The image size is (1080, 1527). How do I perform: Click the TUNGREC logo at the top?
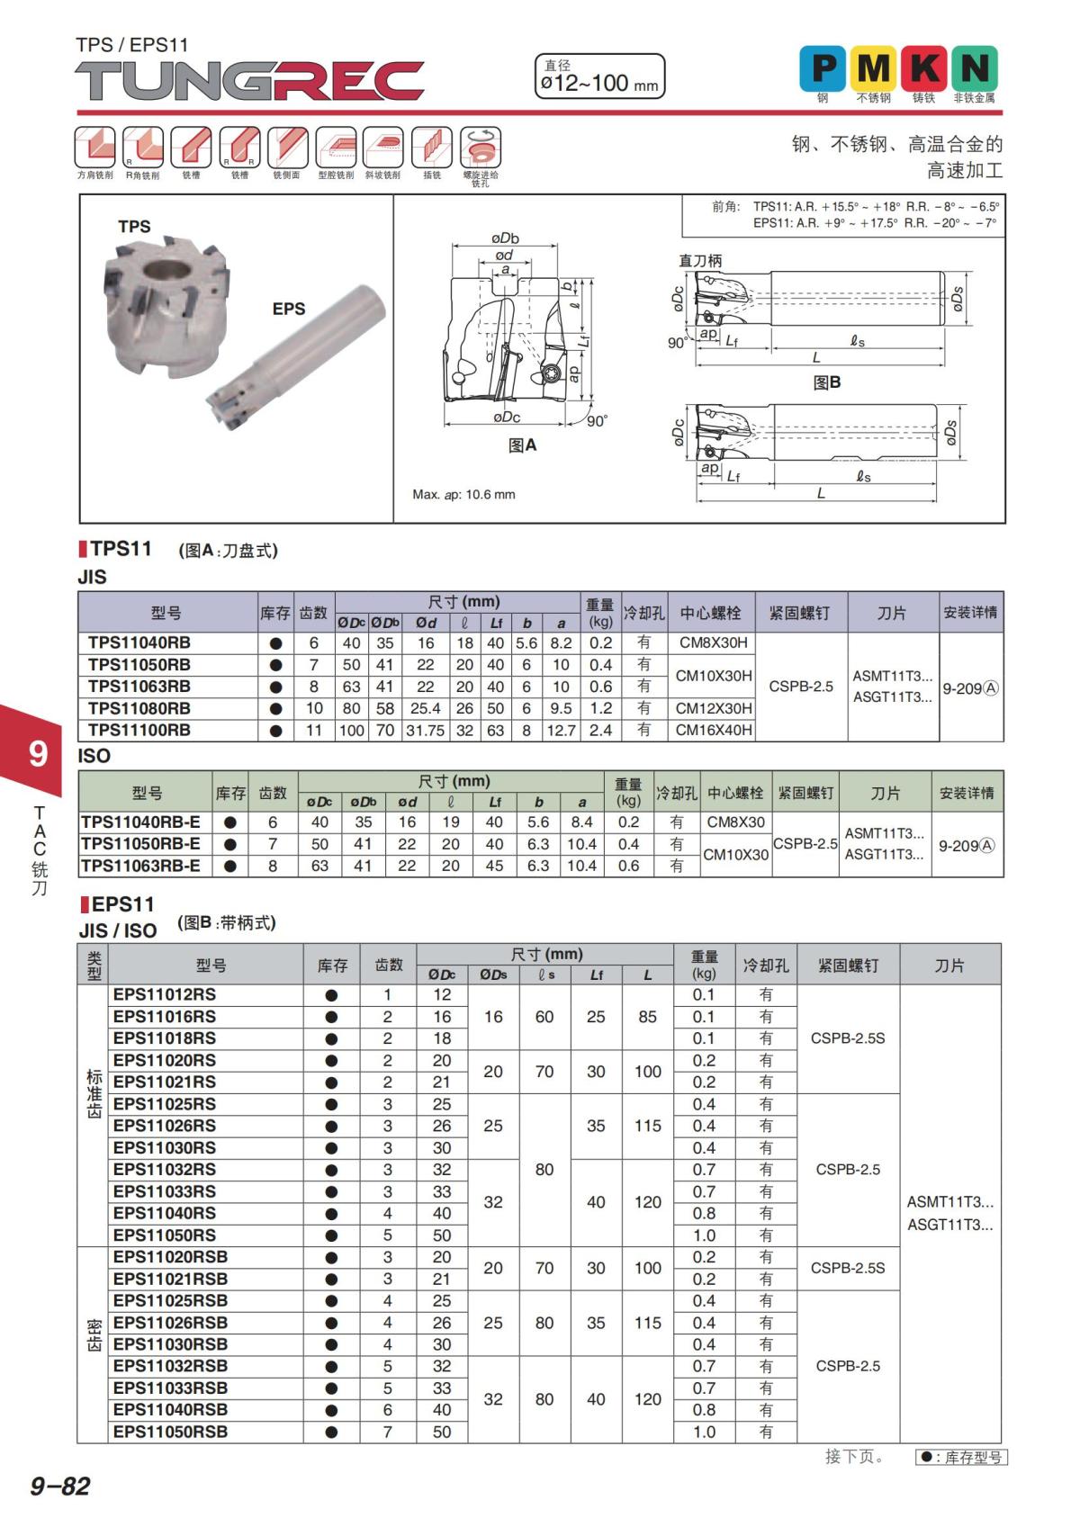(x=249, y=82)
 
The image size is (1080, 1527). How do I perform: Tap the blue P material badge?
(x=823, y=68)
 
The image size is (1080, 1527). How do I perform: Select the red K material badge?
(x=924, y=68)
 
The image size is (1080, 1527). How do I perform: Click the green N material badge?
(x=975, y=68)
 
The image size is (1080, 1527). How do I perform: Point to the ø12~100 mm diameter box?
(x=599, y=76)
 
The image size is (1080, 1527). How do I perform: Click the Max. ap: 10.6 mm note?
(x=463, y=494)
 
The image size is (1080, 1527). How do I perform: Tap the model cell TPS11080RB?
(x=139, y=708)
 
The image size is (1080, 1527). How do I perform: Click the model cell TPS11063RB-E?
(x=141, y=866)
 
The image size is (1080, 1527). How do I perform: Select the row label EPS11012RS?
(x=165, y=994)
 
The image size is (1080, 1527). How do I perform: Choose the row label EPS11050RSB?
(x=170, y=1432)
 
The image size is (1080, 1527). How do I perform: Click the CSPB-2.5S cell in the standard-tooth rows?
(x=848, y=1037)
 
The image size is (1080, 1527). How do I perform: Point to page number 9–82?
(x=60, y=1486)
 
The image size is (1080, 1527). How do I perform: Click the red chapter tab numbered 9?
(x=36, y=752)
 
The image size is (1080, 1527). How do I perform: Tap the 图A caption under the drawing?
(x=522, y=445)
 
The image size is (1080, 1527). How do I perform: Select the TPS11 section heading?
(x=121, y=549)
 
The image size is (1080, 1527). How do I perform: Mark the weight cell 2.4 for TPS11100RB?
(x=600, y=730)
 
